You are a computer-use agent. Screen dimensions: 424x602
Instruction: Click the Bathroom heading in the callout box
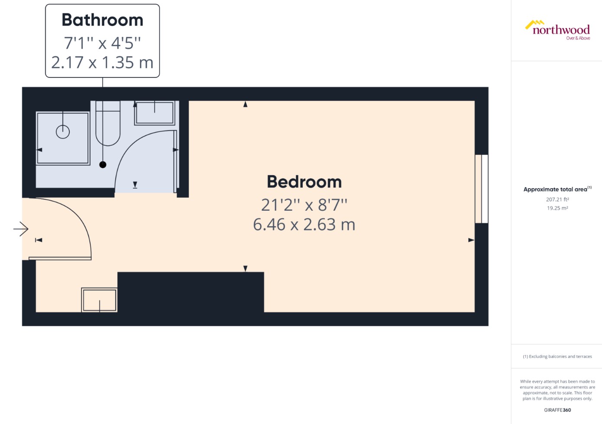click(102, 20)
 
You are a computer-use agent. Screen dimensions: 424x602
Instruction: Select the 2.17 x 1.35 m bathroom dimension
click(102, 63)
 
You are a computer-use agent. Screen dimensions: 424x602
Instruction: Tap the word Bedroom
click(304, 182)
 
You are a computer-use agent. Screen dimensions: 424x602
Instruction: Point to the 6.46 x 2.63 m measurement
click(304, 225)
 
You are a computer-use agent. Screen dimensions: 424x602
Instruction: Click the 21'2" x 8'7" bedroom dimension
click(304, 205)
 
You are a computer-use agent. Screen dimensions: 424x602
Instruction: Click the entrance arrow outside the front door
click(21, 229)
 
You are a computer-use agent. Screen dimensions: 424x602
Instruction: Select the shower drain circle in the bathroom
click(63, 132)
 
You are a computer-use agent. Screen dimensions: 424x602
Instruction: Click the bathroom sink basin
click(155, 113)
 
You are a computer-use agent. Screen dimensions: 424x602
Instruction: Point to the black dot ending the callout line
click(103, 164)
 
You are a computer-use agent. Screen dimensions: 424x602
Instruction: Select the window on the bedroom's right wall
click(482, 189)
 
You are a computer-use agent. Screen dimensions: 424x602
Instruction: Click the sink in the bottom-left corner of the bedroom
click(100, 300)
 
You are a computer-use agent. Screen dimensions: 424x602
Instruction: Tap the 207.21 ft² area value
click(557, 199)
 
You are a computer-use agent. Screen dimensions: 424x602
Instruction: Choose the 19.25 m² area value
click(557, 208)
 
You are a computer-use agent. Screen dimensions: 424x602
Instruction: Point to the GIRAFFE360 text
click(557, 410)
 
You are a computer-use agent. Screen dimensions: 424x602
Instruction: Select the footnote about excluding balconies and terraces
click(557, 357)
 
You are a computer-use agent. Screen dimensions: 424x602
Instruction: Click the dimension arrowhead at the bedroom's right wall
click(471, 240)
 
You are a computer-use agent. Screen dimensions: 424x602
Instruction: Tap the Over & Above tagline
click(578, 38)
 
